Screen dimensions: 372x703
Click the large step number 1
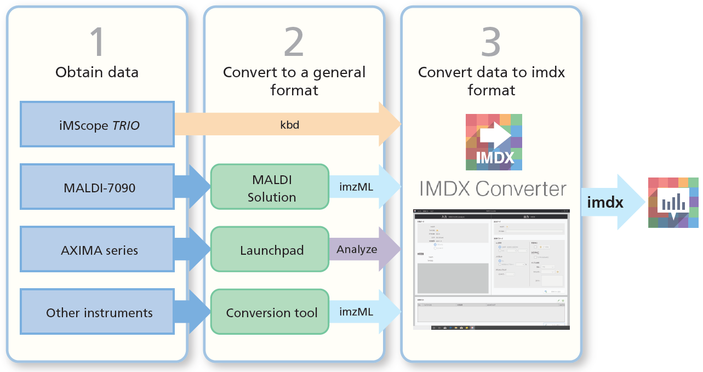point(97,42)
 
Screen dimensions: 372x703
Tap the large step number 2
point(294,42)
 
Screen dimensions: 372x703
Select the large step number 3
point(490,42)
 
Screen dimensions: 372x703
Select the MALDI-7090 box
point(97,187)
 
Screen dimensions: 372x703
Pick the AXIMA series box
point(97,250)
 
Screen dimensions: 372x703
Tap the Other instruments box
point(97,313)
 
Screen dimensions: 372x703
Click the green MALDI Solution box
point(270,187)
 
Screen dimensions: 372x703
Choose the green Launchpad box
point(270,250)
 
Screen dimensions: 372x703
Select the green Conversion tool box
point(270,313)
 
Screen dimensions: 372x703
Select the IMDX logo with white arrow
point(494,142)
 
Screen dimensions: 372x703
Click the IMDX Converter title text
point(493,189)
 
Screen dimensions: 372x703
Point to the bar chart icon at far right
point(673,203)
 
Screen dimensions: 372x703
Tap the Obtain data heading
point(97,72)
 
